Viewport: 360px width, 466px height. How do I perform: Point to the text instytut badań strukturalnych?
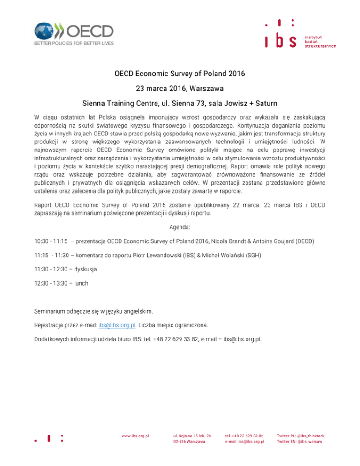[320, 41]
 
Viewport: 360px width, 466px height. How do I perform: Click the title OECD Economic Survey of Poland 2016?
[180, 74]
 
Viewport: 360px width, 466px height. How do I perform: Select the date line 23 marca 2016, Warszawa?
[180, 88]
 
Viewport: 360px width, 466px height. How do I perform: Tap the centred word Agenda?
[180, 227]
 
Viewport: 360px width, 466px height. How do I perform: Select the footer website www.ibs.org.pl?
[135, 436]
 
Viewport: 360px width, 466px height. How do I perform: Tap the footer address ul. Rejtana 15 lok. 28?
[192, 436]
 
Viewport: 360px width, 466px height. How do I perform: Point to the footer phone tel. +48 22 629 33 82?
[244, 436]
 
